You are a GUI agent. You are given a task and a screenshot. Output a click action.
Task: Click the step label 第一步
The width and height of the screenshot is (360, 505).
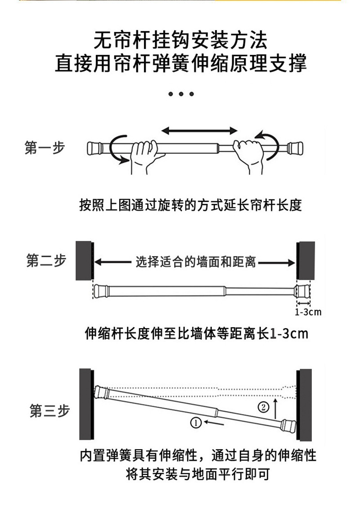click(45, 148)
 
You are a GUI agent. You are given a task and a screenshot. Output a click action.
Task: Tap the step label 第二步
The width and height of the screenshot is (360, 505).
click(46, 261)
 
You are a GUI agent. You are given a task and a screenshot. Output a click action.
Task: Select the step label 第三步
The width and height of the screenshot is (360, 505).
click(49, 410)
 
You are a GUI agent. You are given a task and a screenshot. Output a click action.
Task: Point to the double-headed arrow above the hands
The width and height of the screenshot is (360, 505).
click(199, 131)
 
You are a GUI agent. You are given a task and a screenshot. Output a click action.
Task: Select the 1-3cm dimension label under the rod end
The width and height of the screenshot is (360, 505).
click(308, 312)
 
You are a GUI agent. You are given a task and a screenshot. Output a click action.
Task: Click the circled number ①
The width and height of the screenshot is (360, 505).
click(195, 423)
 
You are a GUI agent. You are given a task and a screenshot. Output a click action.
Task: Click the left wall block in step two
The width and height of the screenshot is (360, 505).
click(84, 260)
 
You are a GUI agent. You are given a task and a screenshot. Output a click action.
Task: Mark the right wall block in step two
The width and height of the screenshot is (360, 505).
click(306, 260)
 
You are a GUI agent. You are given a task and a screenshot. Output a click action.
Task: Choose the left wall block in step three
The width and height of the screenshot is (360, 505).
click(86, 404)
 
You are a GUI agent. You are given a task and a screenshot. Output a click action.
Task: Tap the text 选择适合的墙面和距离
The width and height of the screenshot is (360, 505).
click(196, 262)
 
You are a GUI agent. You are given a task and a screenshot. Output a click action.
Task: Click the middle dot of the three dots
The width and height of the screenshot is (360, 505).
click(180, 94)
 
